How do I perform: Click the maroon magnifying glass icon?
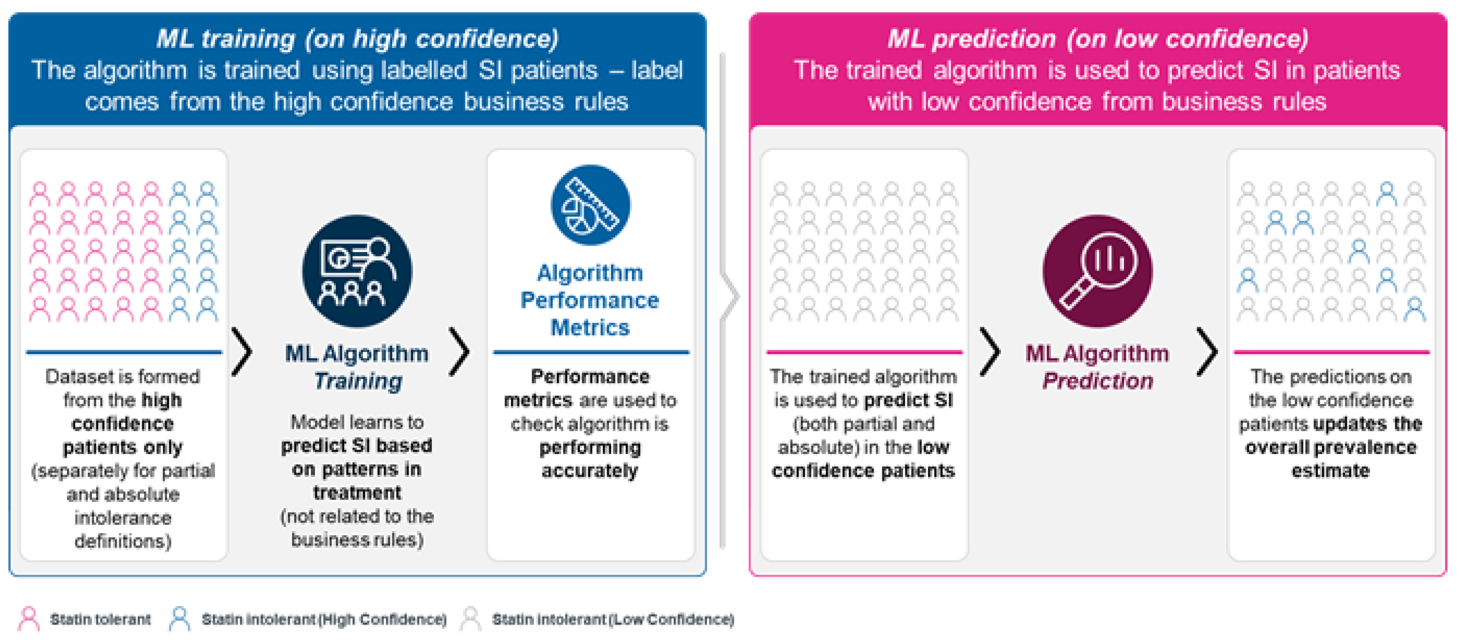[x=1097, y=271]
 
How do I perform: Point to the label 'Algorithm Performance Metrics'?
[x=589, y=300]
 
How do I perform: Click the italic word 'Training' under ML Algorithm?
[x=358, y=381]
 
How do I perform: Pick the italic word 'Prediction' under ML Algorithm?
[x=1098, y=381]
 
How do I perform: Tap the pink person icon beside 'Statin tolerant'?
[x=28, y=618]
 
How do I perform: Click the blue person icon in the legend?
[x=180, y=618]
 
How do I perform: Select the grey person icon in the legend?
[x=470, y=618]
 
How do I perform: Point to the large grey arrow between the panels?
[x=729, y=297]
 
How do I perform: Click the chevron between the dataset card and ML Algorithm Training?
[x=242, y=351]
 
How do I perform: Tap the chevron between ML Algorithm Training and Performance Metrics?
[x=459, y=351]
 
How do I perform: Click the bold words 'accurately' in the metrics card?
[x=589, y=471]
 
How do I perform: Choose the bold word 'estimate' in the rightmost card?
[x=1330, y=471]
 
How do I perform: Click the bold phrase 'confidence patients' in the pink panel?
[x=863, y=471]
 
